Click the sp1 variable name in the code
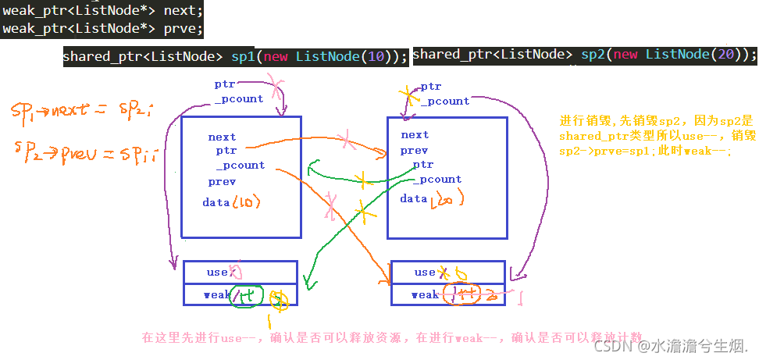click(x=243, y=57)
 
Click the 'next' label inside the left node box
click(x=222, y=137)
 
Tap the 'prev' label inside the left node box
click(x=222, y=182)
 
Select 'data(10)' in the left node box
click(x=231, y=203)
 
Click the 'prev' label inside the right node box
click(x=414, y=150)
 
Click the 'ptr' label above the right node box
click(x=430, y=87)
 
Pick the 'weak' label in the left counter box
click(x=217, y=295)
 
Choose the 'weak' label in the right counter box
click(x=425, y=294)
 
